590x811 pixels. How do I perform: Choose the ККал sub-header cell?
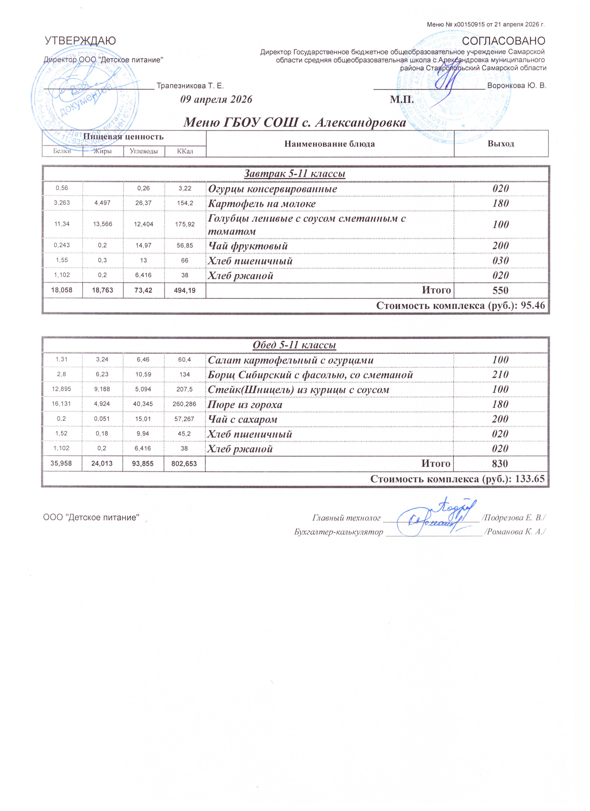(x=185, y=152)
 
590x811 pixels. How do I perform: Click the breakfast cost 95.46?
(x=533, y=306)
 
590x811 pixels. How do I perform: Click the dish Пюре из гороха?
(x=245, y=405)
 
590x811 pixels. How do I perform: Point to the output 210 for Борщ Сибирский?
(x=500, y=375)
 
